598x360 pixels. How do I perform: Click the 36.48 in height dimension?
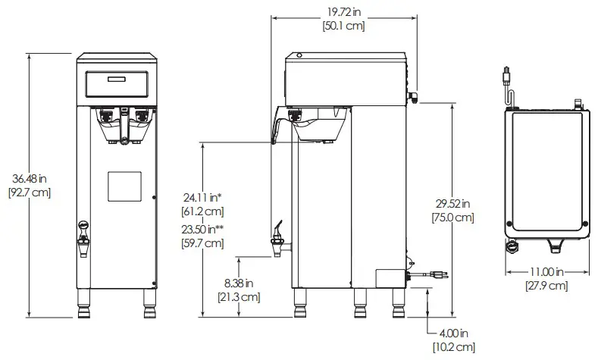tap(30, 178)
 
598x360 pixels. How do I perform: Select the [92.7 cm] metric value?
tap(30, 193)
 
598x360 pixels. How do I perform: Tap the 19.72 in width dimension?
tap(344, 11)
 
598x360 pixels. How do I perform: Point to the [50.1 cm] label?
tap(344, 26)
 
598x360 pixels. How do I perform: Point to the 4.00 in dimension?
tap(454, 333)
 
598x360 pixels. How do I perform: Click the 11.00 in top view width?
tap(547, 271)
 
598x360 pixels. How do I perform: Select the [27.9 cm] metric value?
tap(547, 285)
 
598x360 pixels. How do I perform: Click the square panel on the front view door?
tap(123, 186)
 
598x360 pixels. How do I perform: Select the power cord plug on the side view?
tap(438, 275)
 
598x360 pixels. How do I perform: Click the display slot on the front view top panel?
tap(117, 80)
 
